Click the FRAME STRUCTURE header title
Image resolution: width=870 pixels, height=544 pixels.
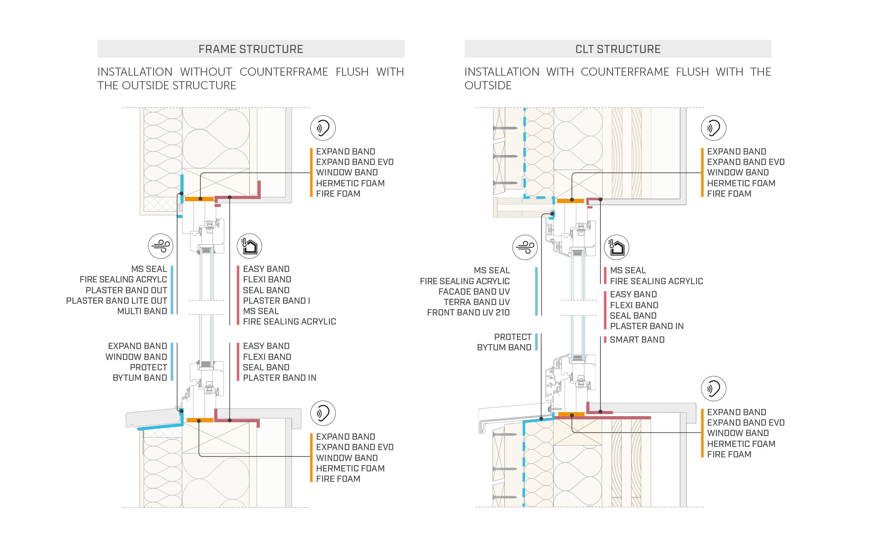point(251,49)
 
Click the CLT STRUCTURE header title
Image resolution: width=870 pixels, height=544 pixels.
point(618,49)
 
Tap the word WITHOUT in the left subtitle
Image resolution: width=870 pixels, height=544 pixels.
point(206,72)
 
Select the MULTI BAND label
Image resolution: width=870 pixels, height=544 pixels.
point(142,311)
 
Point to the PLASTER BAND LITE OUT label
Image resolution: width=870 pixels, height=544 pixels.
point(116,301)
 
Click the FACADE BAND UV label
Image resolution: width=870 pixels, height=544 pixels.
point(474,291)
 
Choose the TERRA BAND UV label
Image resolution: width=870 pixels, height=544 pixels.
point(477,302)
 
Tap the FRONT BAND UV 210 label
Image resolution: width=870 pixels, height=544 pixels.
point(468,312)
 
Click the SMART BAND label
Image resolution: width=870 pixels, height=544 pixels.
point(637,340)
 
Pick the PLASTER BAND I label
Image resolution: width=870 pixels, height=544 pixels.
point(276,301)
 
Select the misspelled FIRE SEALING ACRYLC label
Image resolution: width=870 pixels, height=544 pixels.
point(123,280)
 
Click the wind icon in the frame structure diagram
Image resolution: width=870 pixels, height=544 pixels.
point(160,246)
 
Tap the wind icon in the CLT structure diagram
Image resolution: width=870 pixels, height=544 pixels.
point(525,247)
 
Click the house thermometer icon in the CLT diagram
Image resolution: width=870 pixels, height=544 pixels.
point(617,248)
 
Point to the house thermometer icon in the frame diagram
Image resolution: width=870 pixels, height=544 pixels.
point(249,246)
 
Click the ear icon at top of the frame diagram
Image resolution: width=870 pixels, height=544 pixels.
point(323,128)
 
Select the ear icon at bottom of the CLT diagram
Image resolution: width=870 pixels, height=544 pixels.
point(713,389)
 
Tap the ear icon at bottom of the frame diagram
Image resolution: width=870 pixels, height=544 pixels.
point(323,413)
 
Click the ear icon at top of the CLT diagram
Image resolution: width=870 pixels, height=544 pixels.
point(713,128)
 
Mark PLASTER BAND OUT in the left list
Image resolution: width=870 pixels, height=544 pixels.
point(126,290)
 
